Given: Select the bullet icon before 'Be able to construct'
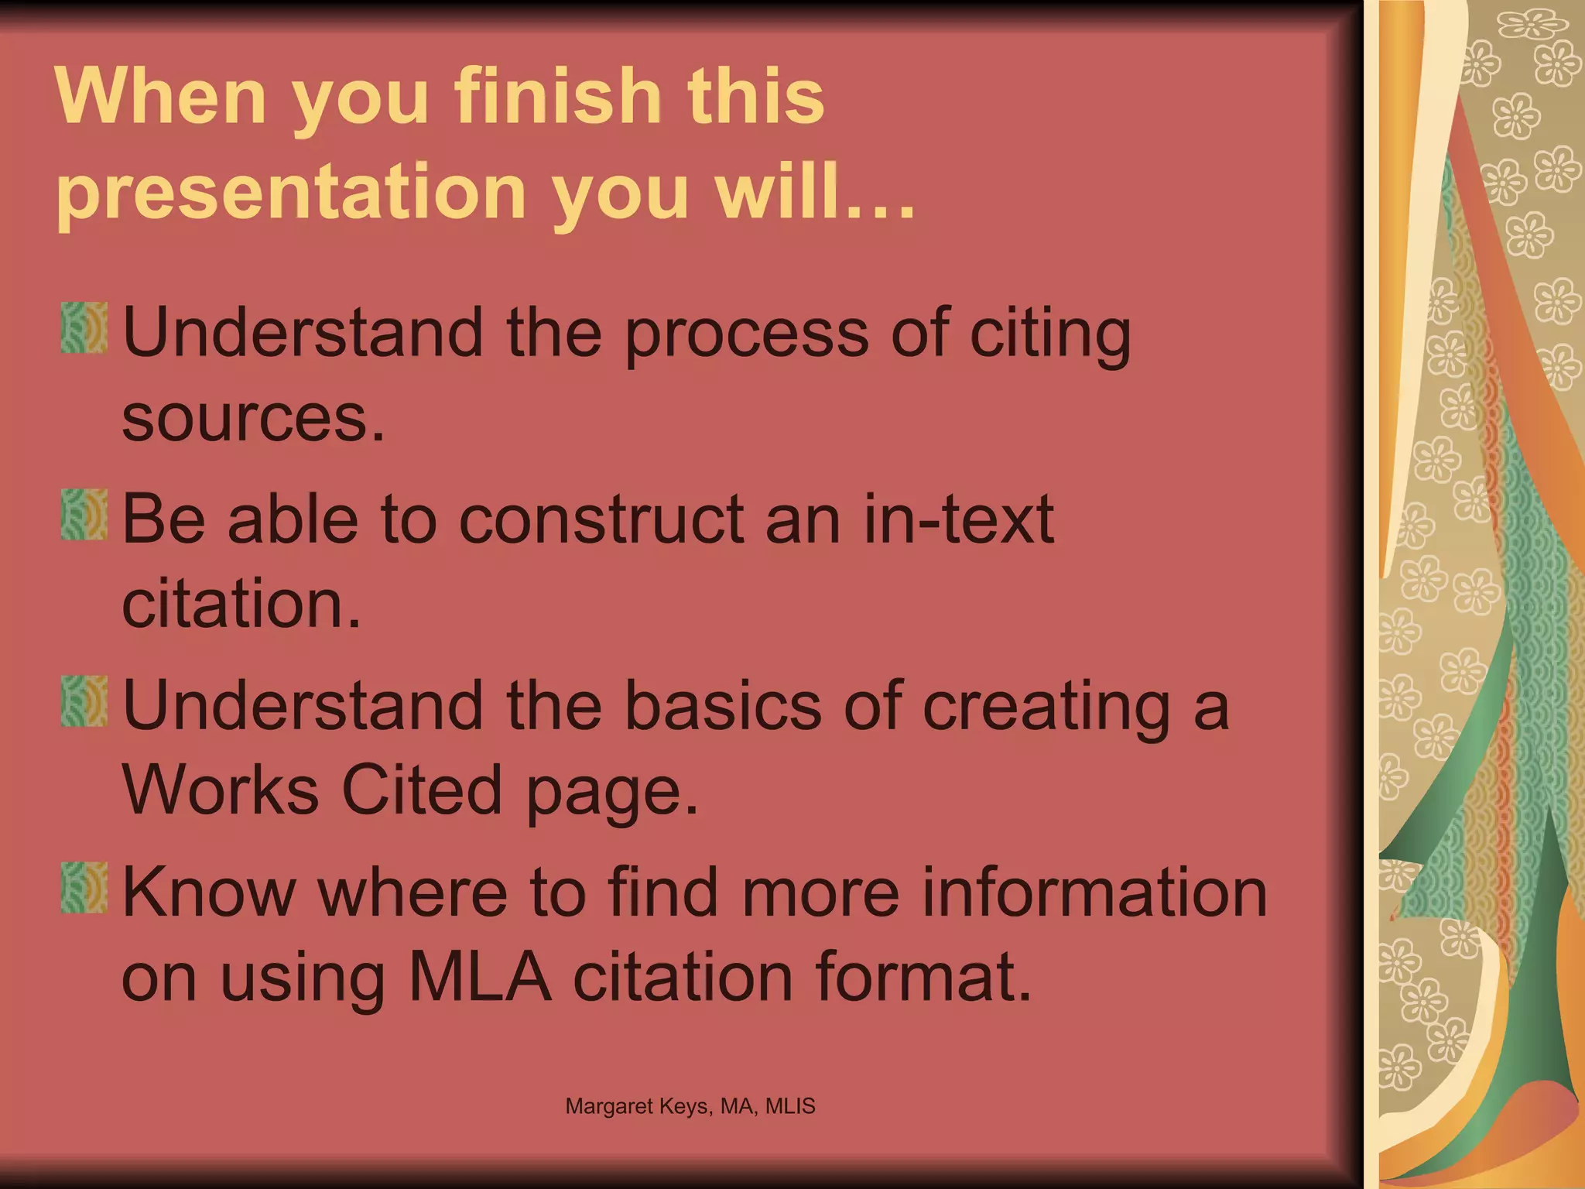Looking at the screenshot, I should [x=84, y=514].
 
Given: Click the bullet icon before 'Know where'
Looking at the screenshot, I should [x=84, y=887].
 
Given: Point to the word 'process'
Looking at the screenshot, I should [x=747, y=335].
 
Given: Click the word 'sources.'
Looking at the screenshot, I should [x=253, y=419].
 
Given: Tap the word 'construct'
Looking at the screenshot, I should [x=601, y=519].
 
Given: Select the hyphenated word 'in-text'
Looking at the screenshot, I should [x=958, y=519].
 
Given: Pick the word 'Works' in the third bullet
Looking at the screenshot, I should [x=221, y=790].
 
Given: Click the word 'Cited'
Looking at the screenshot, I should [x=423, y=790].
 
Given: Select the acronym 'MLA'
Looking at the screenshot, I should [x=480, y=977].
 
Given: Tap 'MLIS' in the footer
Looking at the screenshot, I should [x=790, y=1106].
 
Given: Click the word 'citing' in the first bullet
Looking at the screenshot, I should [x=1051, y=335].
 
